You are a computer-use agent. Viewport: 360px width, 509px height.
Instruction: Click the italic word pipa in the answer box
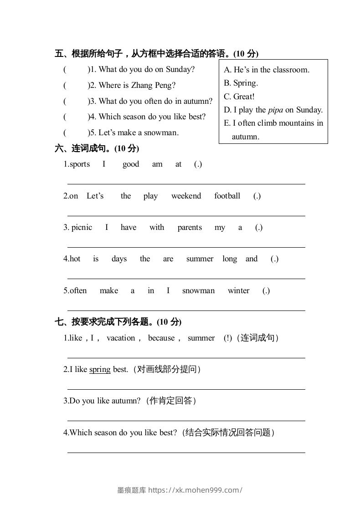click(x=275, y=110)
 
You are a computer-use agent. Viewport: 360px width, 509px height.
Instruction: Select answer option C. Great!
click(x=239, y=97)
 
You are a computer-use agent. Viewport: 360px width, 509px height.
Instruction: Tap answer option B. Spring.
click(x=241, y=83)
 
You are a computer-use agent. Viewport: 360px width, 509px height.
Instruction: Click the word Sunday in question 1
click(x=180, y=69)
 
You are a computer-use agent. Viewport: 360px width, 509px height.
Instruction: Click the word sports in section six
click(x=80, y=164)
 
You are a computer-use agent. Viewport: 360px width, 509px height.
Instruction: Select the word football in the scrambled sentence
click(x=227, y=196)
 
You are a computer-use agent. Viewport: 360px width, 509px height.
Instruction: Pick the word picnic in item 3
click(x=82, y=227)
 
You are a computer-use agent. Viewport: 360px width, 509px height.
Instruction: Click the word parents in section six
click(x=190, y=227)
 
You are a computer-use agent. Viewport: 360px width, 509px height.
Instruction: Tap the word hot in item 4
click(x=75, y=259)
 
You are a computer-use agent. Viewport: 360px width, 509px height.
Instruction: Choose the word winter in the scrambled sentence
click(x=238, y=290)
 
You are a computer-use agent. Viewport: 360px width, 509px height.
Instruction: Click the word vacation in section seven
click(x=121, y=338)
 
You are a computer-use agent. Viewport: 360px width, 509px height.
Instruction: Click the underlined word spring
click(x=100, y=369)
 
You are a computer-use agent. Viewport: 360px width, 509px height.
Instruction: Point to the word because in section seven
click(x=161, y=338)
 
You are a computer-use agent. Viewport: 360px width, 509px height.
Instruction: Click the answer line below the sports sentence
click(x=186, y=183)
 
